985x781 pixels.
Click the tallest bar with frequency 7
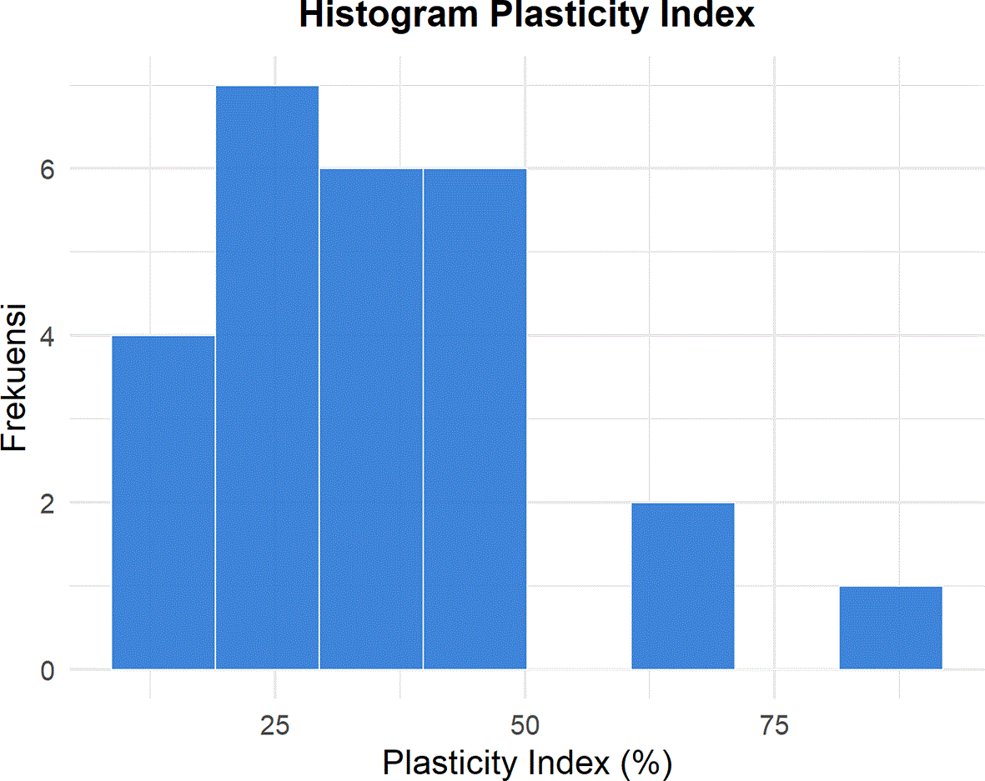click(x=267, y=378)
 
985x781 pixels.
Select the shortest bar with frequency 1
click(x=891, y=628)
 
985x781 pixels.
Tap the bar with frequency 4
click(x=163, y=503)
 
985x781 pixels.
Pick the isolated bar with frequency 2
click(x=683, y=586)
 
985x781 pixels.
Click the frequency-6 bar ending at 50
click(x=475, y=418)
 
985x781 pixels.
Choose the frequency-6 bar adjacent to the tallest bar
click(x=370, y=418)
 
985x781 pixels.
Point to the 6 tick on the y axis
click(x=48, y=169)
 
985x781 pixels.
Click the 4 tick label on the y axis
click(x=48, y=337)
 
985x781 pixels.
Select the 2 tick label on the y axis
click(x=48, y=503)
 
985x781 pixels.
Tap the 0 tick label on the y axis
click(x=48, y=670)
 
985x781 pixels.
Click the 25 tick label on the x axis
click(x=275, y=726)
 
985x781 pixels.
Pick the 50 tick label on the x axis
click(x=525, y=726)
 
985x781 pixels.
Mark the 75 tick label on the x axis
click(x=774, y=726)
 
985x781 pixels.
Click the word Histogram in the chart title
click(x=388, y=15)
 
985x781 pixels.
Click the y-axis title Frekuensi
click(x=14, y=378)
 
